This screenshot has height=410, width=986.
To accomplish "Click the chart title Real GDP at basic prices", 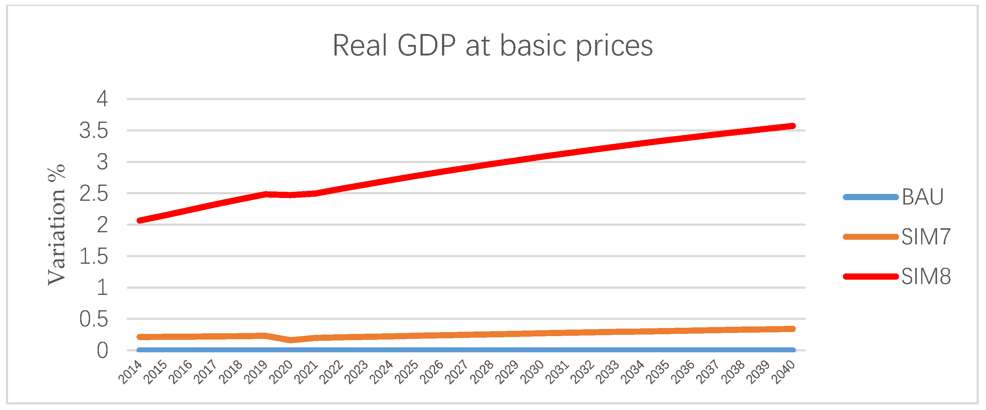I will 493,46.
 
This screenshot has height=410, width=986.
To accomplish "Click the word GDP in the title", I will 426,46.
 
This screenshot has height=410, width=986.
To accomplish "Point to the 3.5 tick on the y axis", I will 94,131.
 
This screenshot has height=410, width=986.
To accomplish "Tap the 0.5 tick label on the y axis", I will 94,319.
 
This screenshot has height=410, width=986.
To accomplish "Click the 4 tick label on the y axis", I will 102,99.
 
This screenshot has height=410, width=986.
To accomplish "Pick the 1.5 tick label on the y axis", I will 94,257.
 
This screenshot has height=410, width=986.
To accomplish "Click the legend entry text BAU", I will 922,197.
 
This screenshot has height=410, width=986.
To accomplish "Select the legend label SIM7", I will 926,237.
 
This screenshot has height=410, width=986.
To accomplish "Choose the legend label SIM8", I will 926,276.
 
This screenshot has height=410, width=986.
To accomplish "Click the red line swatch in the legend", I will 870,276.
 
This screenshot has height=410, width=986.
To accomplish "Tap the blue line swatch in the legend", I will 870,197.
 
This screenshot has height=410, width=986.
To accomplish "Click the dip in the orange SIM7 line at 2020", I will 291,340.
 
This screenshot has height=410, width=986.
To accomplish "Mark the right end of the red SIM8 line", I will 793,126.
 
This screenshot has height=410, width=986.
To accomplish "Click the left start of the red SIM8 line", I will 140,220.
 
